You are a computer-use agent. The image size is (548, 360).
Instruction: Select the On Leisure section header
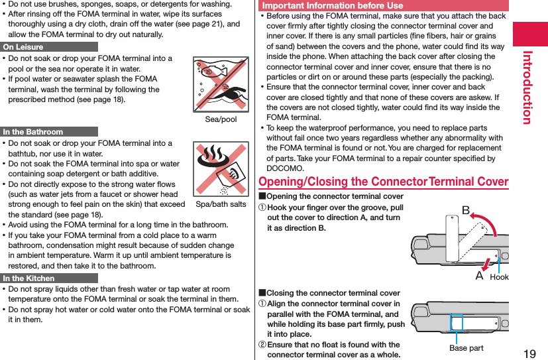point(23,47)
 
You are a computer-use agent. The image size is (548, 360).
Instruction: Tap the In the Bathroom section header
point(33,132)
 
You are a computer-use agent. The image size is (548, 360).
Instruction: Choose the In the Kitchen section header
point(29,278)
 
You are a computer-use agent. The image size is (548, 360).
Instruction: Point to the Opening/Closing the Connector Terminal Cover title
point(383,182)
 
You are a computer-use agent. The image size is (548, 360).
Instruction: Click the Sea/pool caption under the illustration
point(221,119)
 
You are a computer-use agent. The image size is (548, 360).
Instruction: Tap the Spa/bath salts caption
point(221,204)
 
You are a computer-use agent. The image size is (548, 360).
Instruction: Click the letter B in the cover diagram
point(465,210)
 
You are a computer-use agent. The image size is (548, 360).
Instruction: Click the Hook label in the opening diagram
point(499,277)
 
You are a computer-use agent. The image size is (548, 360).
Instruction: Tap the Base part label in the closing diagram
point(466,348)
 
